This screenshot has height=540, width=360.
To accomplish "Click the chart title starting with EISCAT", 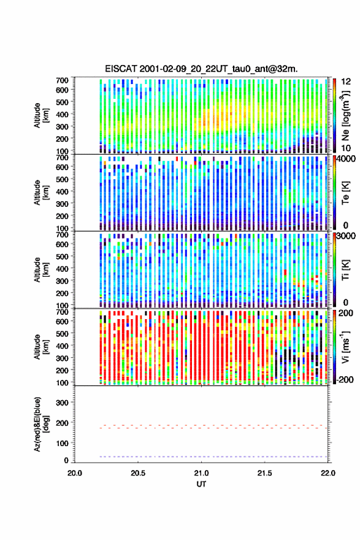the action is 201,69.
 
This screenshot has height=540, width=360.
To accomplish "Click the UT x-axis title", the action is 201,484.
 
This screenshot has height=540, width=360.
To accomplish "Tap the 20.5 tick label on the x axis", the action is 138,473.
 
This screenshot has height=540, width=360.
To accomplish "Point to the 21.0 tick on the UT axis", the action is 201,473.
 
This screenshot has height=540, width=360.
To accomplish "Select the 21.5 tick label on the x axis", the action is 265,473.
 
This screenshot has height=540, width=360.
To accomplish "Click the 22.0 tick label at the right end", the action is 328,473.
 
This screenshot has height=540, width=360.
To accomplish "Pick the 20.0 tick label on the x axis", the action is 75,473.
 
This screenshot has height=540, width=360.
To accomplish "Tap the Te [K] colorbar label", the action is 345,193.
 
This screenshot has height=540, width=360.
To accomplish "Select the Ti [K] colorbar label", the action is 345,270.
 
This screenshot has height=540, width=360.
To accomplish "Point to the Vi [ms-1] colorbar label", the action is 345,347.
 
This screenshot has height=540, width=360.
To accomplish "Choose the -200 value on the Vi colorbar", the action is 343,379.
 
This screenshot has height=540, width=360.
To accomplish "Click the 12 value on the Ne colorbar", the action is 347,82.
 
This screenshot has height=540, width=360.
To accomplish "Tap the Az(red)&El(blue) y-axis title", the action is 41,424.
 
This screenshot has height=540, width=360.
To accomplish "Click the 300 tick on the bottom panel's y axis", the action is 63,403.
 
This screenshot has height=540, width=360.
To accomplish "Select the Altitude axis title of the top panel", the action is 41,115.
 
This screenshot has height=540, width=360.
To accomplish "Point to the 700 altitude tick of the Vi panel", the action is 63,312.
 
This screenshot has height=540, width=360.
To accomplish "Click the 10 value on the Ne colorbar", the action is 347,148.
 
